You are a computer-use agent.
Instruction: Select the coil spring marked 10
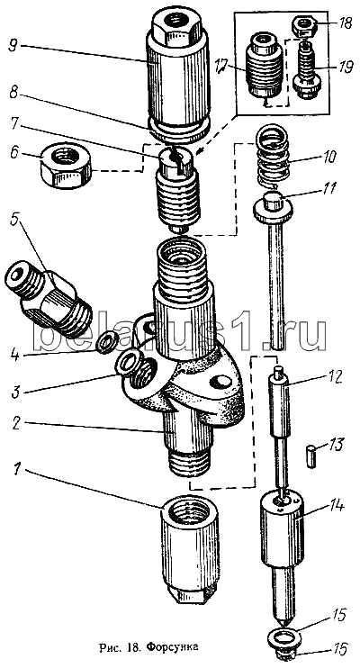point(272,159)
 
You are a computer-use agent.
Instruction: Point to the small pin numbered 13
point(312,456)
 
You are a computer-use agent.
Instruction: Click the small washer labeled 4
point(104,342)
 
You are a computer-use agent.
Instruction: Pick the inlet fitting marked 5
point(48,297)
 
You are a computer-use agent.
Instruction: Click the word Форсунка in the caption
point(173,648)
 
